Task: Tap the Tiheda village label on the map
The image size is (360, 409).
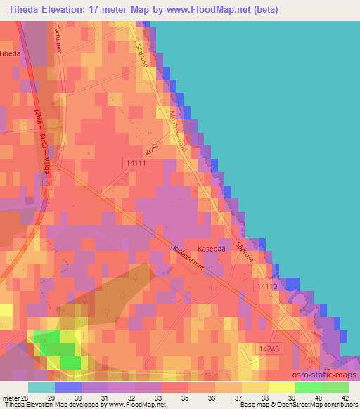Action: pyautogui.click(x=10, y=53)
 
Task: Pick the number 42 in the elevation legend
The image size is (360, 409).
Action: pyautogui.click(x=345, y=397)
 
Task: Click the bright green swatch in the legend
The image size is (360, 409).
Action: pyautogui.click(x=307, y=387)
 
